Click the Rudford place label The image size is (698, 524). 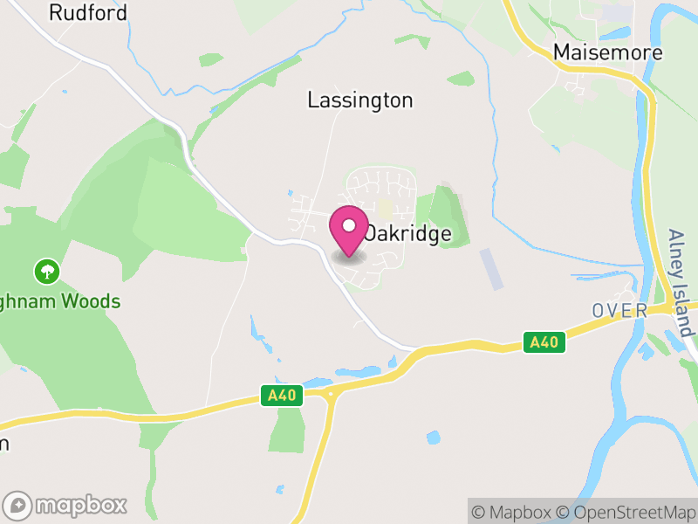(87, 13)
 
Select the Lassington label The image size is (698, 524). (360, 100)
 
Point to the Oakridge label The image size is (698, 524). (408, 234)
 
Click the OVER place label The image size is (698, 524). (619, 311)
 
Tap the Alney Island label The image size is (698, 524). (680, 283)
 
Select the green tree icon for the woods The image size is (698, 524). (46, 272)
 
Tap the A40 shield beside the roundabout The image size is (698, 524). (282, 396)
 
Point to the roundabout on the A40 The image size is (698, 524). (331, 395)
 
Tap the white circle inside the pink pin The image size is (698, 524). (349, 225)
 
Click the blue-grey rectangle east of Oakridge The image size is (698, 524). (491, 268)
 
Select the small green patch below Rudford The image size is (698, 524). (210, 59)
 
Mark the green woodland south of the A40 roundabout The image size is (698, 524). (286, 430)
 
